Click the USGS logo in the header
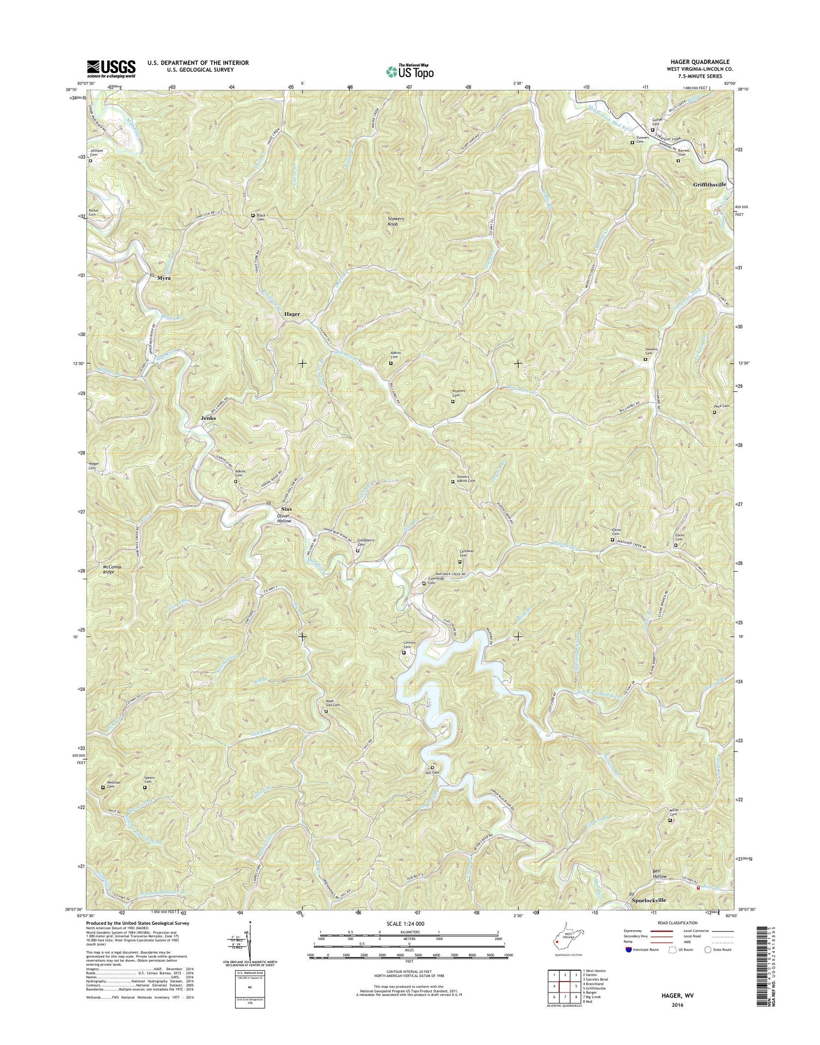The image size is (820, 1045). [111, 68]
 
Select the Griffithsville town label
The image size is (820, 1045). [710, 185]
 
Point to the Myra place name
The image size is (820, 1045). [164, 278]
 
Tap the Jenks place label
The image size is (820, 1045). [208, 418]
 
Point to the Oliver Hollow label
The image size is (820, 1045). [284, 519]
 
